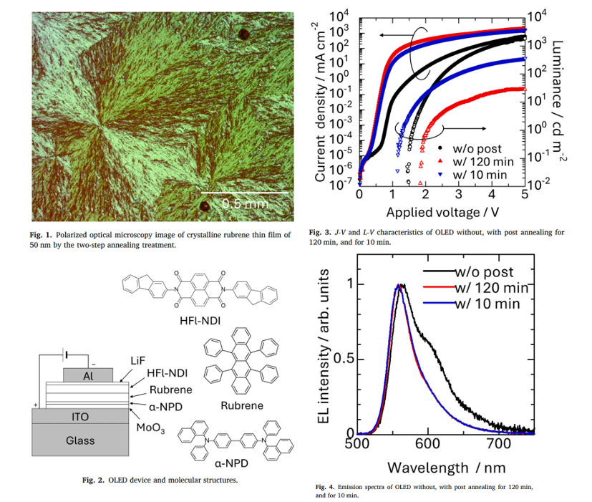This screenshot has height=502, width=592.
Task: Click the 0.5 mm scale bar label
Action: [246, 203]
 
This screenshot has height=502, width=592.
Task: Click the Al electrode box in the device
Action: [88, 375]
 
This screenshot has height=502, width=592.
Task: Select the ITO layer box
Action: [80, 416]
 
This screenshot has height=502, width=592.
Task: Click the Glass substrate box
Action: [80, 440]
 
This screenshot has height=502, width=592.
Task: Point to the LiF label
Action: [138, 361]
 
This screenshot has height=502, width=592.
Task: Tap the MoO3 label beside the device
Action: [150, 428]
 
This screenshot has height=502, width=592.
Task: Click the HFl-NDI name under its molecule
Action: [200, 321]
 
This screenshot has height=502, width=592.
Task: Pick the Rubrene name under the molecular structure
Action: [242, 405]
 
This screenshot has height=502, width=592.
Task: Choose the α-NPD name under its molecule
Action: [231, 463]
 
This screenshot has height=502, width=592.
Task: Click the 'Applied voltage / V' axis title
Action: [442, 212]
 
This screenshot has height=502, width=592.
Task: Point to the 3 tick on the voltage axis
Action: [459, 195]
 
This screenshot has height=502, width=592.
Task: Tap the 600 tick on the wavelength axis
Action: [428, 443]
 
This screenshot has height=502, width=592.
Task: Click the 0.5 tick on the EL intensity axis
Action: [344, 358]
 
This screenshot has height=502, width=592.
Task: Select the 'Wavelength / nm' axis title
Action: [446, 468]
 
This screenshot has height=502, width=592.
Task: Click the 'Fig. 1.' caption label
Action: [41, 235]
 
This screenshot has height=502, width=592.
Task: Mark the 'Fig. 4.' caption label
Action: [325, 487]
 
